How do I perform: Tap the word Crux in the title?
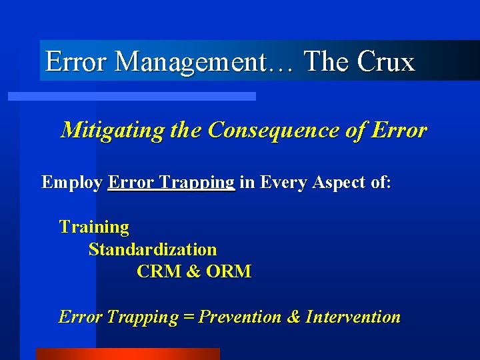pos(386,62)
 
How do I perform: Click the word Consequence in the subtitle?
pos(280,130)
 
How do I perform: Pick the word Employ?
pos(71,183)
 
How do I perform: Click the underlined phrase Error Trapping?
pos(171,183)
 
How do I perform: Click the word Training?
pos(94,227)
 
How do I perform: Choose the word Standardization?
pos(153,250)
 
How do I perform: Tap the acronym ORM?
pos(229,272)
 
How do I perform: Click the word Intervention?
pos(353,317)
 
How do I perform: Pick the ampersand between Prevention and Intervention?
pos(293,317)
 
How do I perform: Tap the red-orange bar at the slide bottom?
pos(127,354)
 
